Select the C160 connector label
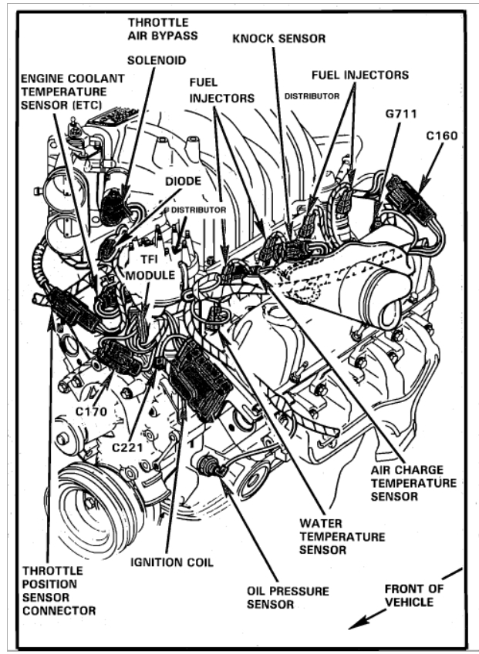coord(442,136)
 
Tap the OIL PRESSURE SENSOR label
coord(288,597)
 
